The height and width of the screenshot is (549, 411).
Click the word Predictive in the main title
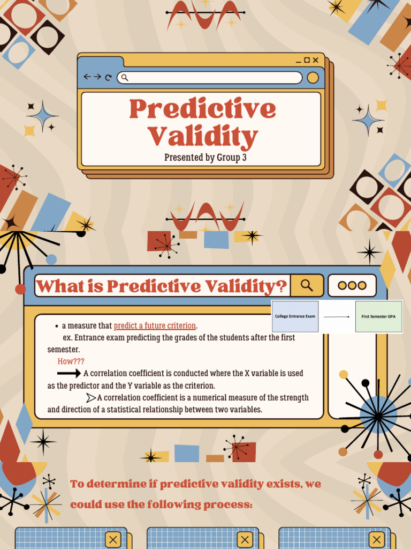(202, 109)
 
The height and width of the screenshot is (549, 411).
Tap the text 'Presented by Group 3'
(205, 157)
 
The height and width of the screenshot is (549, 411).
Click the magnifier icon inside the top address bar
(125, 78)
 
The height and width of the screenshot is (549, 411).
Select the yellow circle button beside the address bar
(313, 78)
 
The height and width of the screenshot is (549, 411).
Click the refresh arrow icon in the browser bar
(109, 78)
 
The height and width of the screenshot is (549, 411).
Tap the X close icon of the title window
(316, 61)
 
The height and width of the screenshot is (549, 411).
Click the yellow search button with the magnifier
(307, 285)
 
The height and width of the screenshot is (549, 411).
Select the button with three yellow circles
(352, 285)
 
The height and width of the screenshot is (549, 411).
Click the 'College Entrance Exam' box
(295, 316)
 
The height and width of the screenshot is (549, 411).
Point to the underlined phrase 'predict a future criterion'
(155, 325)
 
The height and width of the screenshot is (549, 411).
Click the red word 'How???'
(71, 361)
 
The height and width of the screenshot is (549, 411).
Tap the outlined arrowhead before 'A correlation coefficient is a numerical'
(91, 397)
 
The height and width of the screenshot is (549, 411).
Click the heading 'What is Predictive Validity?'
(162, 286)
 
